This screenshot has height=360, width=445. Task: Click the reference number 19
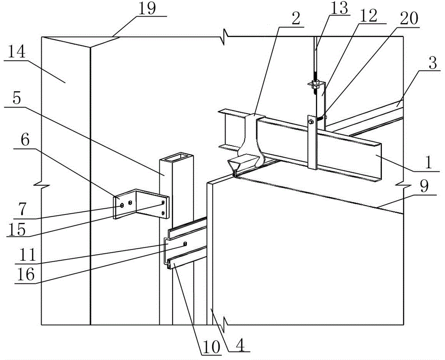click(x=147, y=8)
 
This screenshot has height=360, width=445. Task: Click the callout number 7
click(x=21, y=209)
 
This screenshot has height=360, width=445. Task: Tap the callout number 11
click(x=27, y=254)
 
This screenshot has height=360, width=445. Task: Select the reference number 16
click(x=25, y=274)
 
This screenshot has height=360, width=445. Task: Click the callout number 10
click(x=211, y=346)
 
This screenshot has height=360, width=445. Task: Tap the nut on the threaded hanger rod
click(x=315, y=84)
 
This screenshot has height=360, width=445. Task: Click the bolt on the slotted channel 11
click(x=185, y=243)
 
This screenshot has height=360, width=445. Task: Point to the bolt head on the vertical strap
click(x=311, y=121)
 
